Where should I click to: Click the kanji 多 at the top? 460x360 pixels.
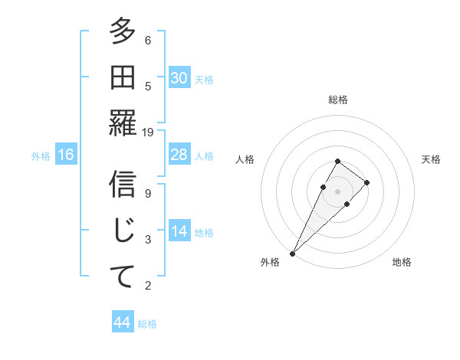click(x=123, y=33)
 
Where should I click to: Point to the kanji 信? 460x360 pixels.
click(x=123, y=185)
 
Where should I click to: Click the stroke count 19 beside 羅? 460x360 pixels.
click(x=148, y=132)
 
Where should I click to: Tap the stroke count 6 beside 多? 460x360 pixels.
click(x=148, y=40)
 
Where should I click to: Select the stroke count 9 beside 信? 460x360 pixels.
click(x=148, y=193)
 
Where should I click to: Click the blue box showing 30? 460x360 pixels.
click(x=179, y=78)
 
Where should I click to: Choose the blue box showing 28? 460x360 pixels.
click(x=179, y=155)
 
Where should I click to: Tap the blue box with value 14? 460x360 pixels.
click(x=179, y=231)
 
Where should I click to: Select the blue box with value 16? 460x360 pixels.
click(x=66, y=155)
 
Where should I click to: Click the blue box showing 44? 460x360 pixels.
click(x=122, y=322)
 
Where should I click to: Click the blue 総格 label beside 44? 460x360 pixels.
click(x=147, y=324)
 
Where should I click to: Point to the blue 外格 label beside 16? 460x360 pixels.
click(x=41, y=156)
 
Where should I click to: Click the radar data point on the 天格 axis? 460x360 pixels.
click(x=367, y=182)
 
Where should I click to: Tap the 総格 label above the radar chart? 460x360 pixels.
click(x=338, y=100)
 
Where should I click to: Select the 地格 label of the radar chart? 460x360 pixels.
click(x=402, y=262)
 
